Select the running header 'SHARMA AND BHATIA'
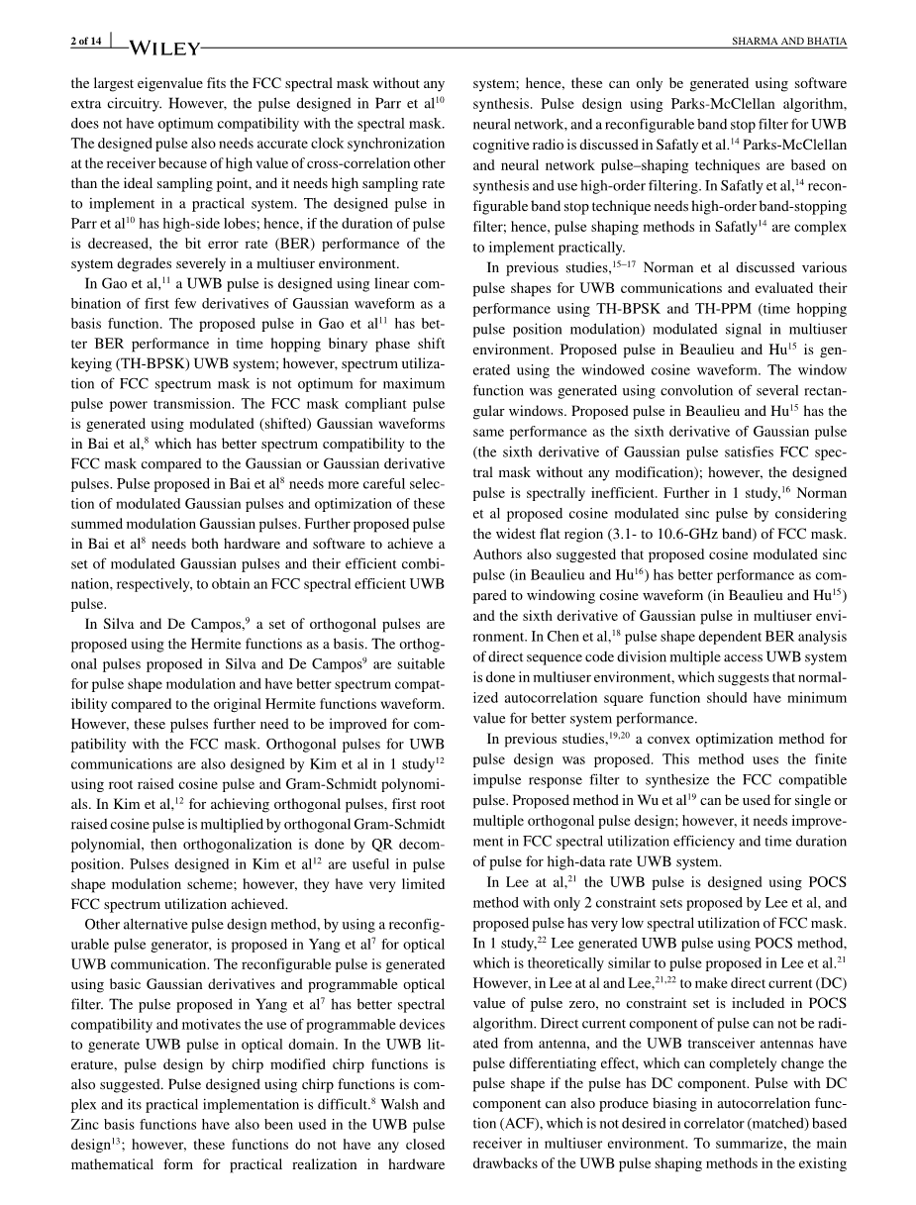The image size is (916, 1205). [788, 41]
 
